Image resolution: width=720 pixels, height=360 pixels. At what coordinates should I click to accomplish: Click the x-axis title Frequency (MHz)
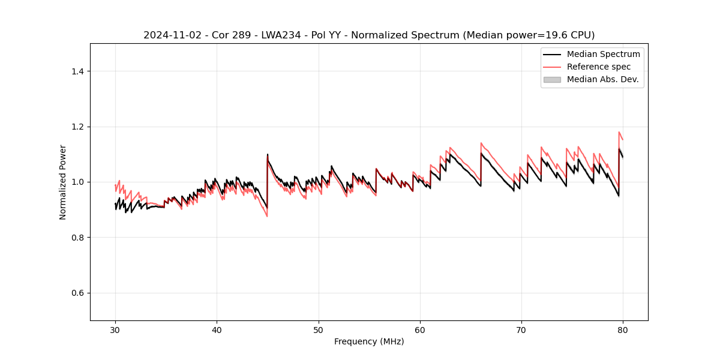369,341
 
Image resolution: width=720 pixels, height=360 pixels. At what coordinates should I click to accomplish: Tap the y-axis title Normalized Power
63,182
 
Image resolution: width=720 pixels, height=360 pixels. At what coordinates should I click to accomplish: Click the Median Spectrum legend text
603,54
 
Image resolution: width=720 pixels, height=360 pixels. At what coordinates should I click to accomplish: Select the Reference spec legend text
599,67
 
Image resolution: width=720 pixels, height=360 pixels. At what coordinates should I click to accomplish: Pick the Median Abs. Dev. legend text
603,79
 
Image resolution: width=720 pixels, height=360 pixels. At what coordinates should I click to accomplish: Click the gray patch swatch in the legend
552,79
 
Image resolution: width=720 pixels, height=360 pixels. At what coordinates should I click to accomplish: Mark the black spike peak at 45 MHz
268,154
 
